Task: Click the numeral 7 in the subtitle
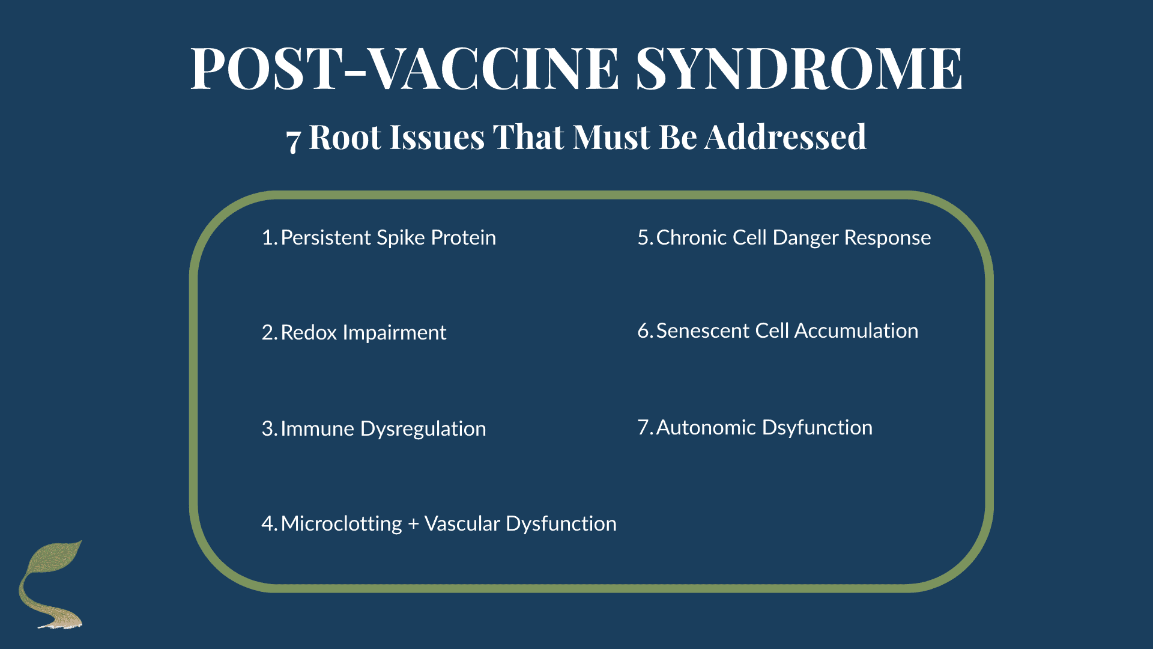[292, 141]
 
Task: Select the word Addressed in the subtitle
[785, 137]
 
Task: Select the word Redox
[309, 332]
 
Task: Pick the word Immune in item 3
[317, 428]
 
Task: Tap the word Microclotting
[341, 524]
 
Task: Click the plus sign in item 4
[413, 525]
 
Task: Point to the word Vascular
[462, 523]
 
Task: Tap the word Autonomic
[706, 427]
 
